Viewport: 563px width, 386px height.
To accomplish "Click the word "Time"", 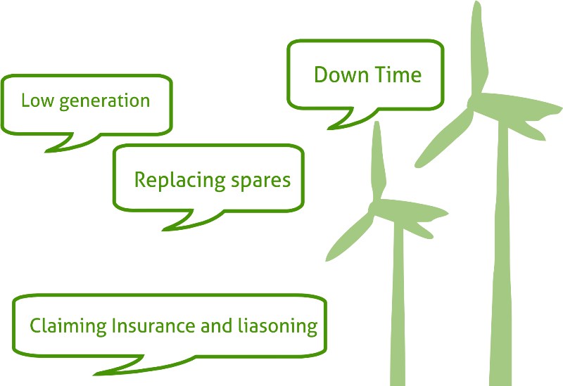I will [x=398, y=75].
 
